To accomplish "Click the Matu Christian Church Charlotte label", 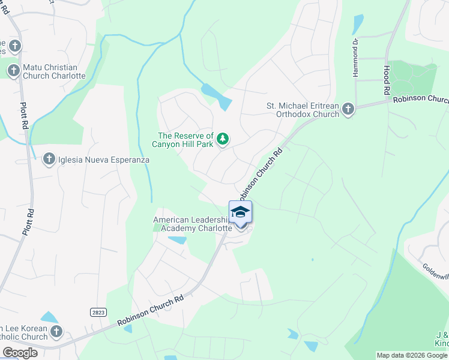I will coord(54,71).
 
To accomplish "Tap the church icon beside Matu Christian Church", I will coord(13,71).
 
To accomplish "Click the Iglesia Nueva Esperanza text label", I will coord(103,160).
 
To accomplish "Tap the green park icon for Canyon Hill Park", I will coord(223,139).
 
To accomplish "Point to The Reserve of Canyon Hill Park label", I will coord(185,140).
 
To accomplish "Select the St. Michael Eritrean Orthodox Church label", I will coord(303,110).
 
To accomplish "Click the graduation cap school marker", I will coord(240,213).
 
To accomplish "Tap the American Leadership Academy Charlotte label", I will coord(193,224).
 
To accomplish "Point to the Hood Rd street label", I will coord(387,80).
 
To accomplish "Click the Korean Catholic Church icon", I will coord(56,332).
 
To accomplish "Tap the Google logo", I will coord(20,353).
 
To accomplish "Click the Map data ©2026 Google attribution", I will coord(412,355).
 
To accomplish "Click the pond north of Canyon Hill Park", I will coord(217,95).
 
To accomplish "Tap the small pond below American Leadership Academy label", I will coord(177,240).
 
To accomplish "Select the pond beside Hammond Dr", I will coord(358,24).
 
